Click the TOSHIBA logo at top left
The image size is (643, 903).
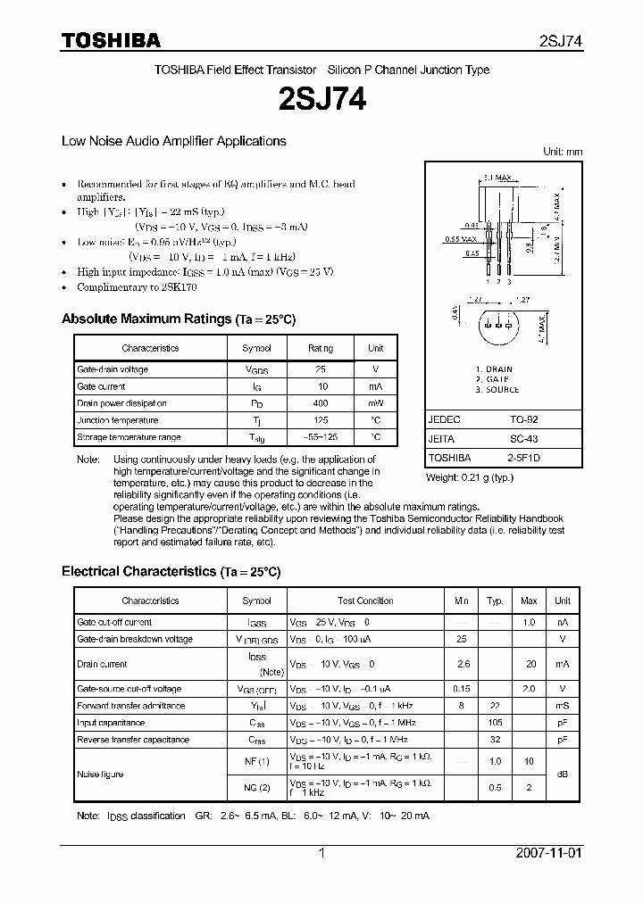[111, 40]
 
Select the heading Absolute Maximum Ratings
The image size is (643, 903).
[146, 319]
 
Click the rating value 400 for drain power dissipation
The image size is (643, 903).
[321, 403]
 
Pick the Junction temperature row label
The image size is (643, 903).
[118, 420]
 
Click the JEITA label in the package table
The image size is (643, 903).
[442, 438]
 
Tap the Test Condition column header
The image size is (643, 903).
[365, 601]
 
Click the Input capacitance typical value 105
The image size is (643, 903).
[493, 723]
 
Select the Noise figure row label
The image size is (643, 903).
[100, 774]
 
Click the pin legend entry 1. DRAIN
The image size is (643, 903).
[494, 369]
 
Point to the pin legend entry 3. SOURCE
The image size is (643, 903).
[497, 390]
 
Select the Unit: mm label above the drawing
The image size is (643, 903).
[563, 152]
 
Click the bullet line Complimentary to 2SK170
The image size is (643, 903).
[137, 287]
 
